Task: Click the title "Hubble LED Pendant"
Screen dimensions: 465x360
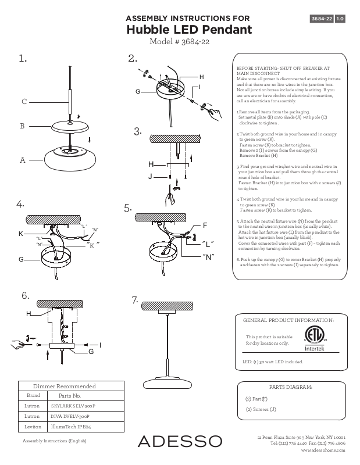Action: pyautogui.click(x=188, y=30)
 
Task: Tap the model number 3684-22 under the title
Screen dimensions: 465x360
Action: pyautogui.click(x=181, y=42)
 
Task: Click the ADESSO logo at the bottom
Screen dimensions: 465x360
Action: pyautogui.click(x=180, y=441)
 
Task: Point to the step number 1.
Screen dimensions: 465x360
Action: pyautogui.click(x=23, y=58)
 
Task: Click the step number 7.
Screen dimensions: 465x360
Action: pyautogui.click(x=135, y=300)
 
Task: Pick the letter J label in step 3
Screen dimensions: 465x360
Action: pyautogui.click(x=150, y=175)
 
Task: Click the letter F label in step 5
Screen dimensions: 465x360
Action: pyautogui.click(x=205, y=224)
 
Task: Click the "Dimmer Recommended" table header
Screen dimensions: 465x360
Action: pyautogui.click(x=64, y=386)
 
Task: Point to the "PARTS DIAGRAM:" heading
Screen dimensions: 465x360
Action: pyautogui.click(x=292, y=387)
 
